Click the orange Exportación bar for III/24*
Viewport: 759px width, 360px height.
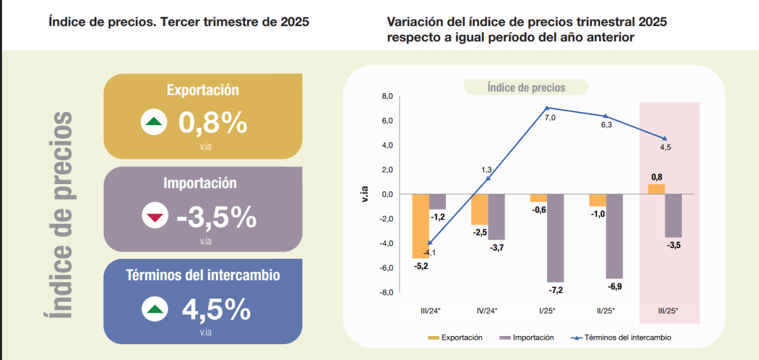point(421,226)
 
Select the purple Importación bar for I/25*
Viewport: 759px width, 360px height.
point(555,238)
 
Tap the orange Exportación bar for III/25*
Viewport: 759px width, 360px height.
point(657,189)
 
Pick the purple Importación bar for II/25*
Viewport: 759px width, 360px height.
point(614,236)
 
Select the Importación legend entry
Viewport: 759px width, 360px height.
point(526,338)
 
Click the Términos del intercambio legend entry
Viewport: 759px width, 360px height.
point(621,338)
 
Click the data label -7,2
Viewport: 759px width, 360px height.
point(555,290)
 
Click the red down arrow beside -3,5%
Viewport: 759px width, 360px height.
point(154,217)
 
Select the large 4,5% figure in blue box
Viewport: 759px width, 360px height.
point(216,309)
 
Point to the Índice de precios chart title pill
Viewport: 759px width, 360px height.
point(526,88)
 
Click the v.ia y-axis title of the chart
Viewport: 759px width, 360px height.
point(363,194)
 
